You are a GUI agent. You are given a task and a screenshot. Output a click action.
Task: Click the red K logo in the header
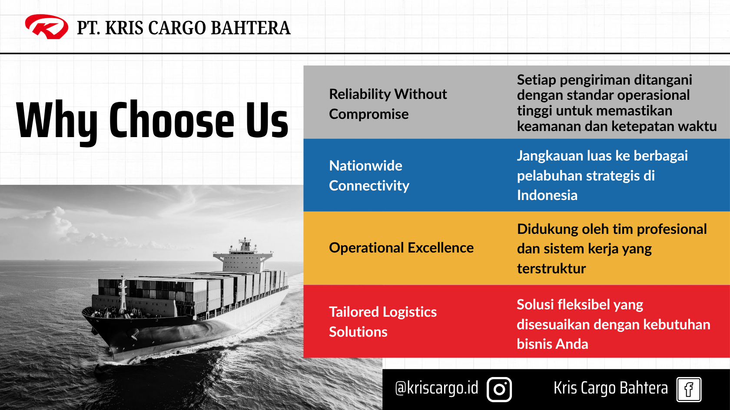tap(46, 27)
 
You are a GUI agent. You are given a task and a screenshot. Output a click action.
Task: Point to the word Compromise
tap(368, 114)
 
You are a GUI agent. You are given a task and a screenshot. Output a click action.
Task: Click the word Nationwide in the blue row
tap(366, 166)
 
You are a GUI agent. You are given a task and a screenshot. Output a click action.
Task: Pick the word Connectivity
tap(369, 186)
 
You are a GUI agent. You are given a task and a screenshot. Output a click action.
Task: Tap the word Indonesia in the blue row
tap(547, 195)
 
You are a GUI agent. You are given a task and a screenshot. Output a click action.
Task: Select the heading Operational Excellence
tap(401, 248)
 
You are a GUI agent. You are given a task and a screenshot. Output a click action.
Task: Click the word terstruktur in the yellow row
tap(551, 269)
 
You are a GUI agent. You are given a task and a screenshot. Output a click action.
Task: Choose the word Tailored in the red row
tap(354, 312)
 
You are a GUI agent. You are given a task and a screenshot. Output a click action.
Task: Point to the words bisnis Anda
tap(552, 344)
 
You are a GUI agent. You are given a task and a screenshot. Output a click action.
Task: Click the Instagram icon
tap(499, 389)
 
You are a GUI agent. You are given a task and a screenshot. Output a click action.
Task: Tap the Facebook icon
tap(689, 389)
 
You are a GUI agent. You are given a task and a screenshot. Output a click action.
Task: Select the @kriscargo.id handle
tap(436, 388)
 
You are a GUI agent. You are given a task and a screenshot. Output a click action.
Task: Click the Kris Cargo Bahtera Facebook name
tap(611, 388)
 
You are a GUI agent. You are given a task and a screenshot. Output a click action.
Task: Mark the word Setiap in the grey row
tap(536, 80)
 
